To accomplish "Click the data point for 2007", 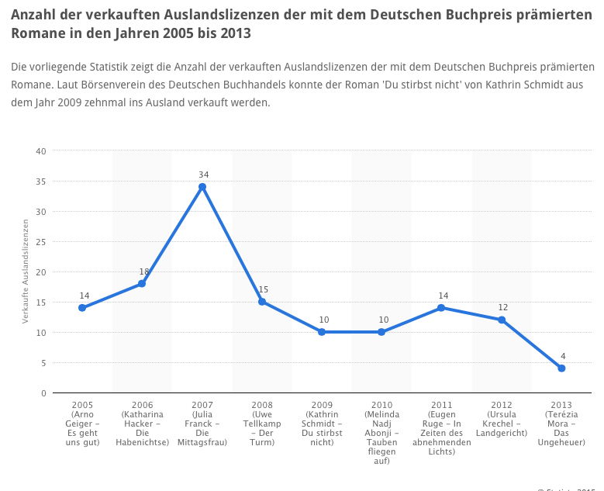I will coord(202,187).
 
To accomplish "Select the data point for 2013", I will coord(561,368).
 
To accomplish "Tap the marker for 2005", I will coord(83,308).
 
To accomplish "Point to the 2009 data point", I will coord(322,332).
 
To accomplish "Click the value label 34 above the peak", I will coord(202,175).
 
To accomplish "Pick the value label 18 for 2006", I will coord(143,271).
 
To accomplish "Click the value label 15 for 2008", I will coord(262,289).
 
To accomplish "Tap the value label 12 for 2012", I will coord(502,307).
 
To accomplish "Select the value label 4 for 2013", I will coord(561,356).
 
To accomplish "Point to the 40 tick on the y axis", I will coord(41,151).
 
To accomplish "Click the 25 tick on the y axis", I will coord(41,242).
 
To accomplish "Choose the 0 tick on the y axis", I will coord(43,393).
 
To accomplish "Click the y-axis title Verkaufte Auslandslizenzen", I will coord(26,271).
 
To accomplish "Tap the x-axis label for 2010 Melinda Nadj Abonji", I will coord(381,433).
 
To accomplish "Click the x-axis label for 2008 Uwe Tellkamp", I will coord(262,424).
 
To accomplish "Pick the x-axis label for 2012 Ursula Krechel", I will coord(502,419).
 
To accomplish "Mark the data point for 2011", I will coord(441,308).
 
